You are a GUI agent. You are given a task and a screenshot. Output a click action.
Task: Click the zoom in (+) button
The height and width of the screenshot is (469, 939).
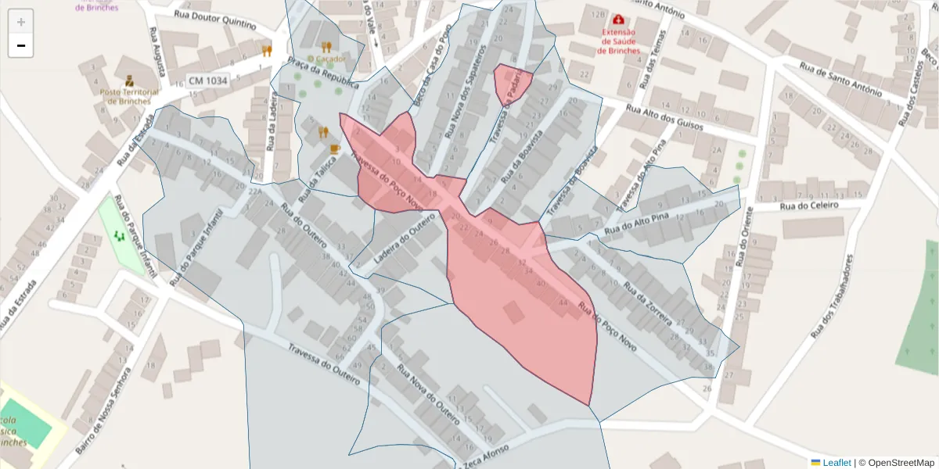(x=21, y=22)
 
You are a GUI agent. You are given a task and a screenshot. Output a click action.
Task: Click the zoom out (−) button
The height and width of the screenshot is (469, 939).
(x=21, y=46)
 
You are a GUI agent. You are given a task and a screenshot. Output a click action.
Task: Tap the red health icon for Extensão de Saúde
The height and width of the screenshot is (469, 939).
(x=619, y=19)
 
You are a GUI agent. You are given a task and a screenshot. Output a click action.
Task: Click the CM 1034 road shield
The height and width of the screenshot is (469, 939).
(x=208, y=81)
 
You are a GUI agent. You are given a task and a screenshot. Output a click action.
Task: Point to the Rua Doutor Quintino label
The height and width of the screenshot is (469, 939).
(x=215, y=20)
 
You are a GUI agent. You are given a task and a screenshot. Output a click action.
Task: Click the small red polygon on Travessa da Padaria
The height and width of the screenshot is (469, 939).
(x=513, y=83)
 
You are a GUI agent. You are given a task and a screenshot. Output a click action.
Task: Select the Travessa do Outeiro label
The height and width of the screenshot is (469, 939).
(x=324, y=365)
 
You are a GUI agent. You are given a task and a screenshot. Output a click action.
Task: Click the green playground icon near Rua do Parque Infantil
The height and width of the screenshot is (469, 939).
(x=120, y=234)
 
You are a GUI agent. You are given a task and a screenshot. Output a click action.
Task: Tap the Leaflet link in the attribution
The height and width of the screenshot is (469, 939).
(x=836, y=463)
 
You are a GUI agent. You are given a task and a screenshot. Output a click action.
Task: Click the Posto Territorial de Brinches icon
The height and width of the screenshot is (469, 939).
(x=129, y=80)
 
